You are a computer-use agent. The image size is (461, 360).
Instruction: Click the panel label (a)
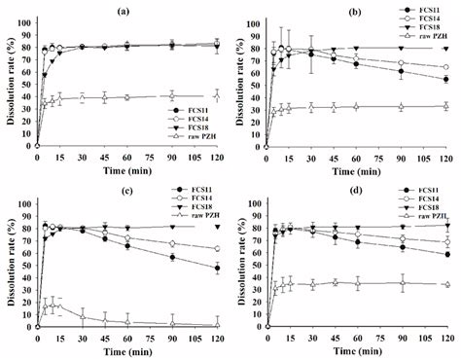124,8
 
